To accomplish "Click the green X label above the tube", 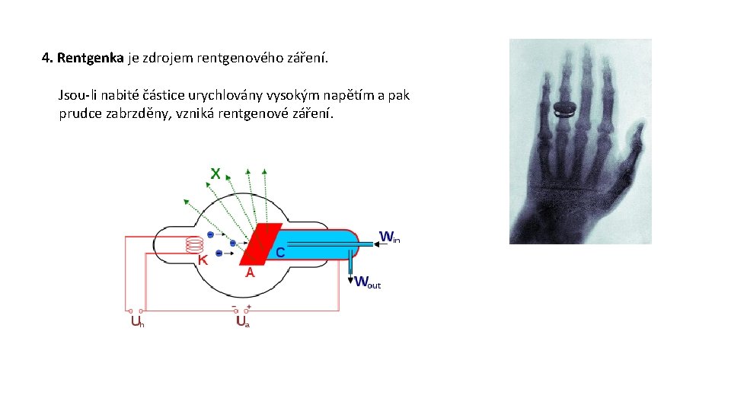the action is [x=215, y=174].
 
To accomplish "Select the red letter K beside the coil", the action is [x=203, y=260].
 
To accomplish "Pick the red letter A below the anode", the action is [x=249, y=272].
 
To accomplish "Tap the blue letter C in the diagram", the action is [x=281, y=252].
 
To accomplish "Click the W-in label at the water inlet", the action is [x=389, y=237].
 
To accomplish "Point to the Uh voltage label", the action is [x=137, y=322].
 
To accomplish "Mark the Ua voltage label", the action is [x=242, y=322].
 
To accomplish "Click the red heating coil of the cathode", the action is [x=194, y=245].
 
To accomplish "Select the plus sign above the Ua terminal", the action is [x=249, y=306].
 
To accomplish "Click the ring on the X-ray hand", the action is [x=565, y=110].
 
